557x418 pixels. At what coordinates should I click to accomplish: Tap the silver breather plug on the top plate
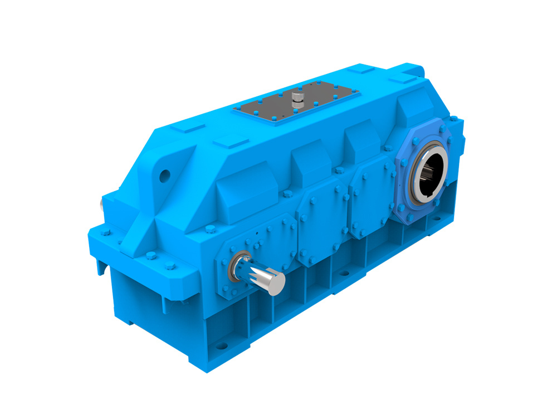297,100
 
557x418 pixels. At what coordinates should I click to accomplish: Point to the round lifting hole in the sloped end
164,176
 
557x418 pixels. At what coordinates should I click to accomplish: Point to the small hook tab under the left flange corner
101,267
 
